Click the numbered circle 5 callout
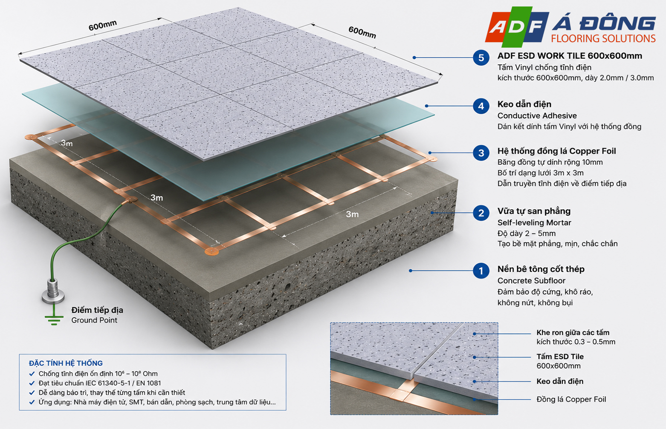coord(481,58)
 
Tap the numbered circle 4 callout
coord(481,106)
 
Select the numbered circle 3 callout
coord(481,153)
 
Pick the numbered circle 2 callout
coord(481,213)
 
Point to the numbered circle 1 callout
coord(481,271)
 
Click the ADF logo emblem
coord(517,27)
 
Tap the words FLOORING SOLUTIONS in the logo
coord(603,39)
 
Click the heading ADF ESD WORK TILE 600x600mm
coord(570,56)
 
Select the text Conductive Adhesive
coord(537,115)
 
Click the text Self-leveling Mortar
coord(534,222)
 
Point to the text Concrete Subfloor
coord(531,280)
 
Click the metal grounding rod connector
coord(53,291)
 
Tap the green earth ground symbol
coord(54,320)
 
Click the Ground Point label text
coord(94,320)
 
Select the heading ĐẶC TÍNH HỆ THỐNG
coord(66,363)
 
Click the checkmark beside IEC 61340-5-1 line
coord(32,383)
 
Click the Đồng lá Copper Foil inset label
coord(571,399)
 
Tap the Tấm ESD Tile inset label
coord(560,357)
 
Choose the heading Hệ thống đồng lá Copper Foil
coord(556,151)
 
